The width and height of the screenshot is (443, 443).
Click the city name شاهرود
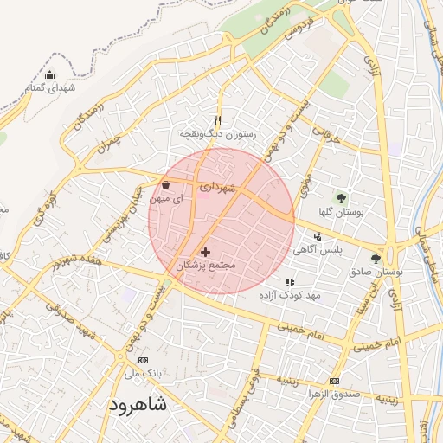point(139,405)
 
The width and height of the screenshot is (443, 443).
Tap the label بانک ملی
point(143,374)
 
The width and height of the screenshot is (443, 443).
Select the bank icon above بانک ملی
point(143,360)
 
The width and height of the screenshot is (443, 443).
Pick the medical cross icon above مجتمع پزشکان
point(205,251)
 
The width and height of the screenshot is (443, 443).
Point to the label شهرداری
point(216,185)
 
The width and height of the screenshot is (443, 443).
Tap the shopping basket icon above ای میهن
point(165,184)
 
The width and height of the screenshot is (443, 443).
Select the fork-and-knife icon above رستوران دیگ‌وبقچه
point(217,120)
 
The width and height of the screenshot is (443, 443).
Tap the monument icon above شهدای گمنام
point(49,74)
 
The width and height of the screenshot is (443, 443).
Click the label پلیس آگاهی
point(339,249)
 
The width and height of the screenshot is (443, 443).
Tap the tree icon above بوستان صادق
point(375,258)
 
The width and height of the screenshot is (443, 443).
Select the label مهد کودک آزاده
point(290,295)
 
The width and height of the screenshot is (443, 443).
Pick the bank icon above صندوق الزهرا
point(335,381)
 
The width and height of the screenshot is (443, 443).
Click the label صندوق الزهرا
point(335,395)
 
